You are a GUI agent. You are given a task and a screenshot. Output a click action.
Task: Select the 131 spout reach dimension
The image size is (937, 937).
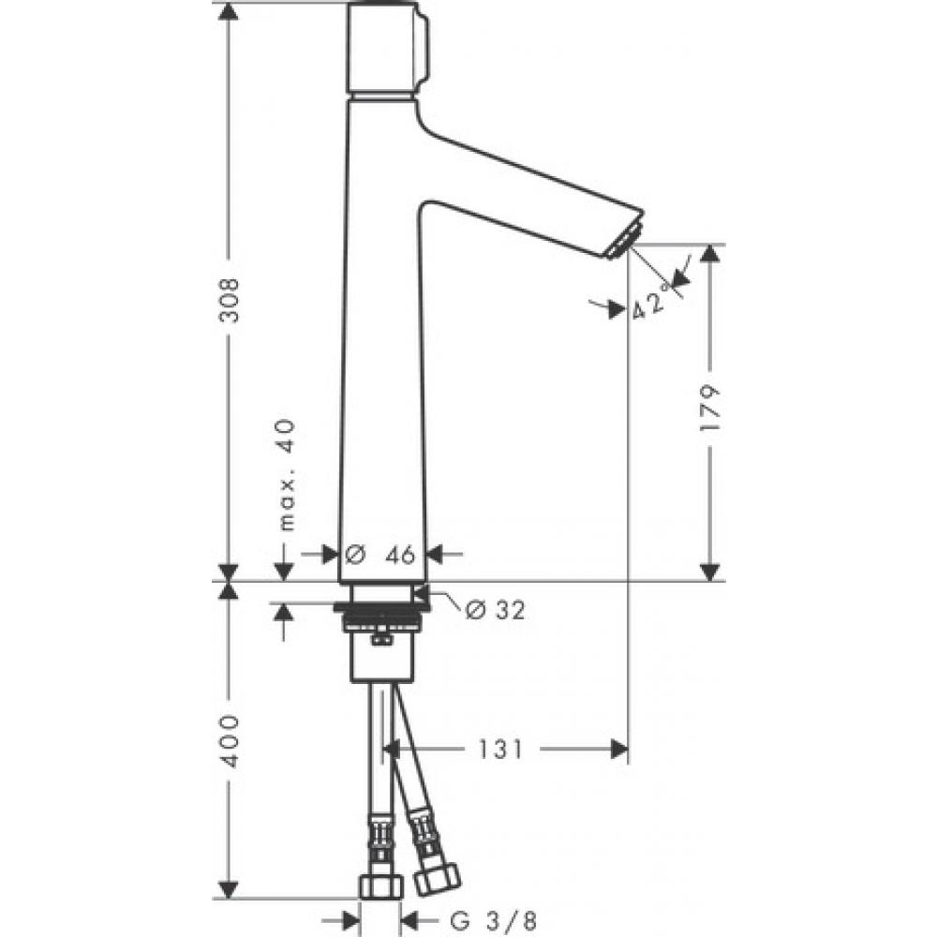[x=497, y=749]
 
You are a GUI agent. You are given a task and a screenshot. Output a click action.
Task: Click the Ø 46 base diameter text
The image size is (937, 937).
[x=382, y=555]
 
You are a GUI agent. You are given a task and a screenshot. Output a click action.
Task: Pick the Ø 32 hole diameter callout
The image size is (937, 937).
[x=495, y=610]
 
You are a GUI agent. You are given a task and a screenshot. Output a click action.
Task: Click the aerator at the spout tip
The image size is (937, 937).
[x=621, y=242]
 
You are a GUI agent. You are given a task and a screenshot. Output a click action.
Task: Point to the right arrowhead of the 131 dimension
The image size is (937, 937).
[x=618, y=749]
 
